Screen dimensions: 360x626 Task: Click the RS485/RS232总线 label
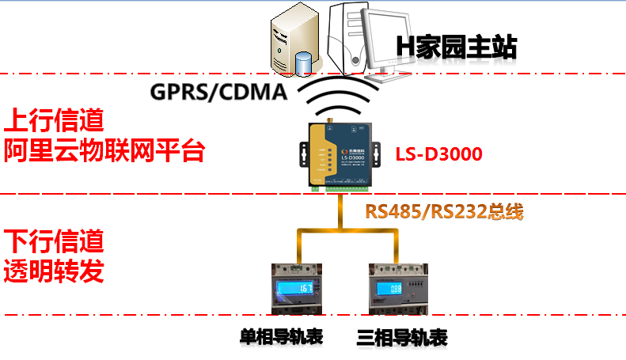click(444, 212)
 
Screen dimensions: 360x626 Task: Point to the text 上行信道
click(54, 121)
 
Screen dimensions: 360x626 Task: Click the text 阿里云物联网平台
click(104, 150)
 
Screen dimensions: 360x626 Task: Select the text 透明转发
click(54, 271)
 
